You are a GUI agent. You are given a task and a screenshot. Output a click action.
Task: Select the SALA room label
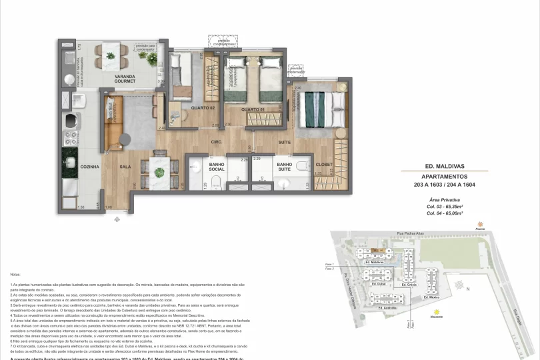coord(125,167)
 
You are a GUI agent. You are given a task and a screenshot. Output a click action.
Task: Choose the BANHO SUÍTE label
coord(285,167)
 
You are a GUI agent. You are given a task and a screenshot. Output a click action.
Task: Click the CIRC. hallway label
coord(217,142)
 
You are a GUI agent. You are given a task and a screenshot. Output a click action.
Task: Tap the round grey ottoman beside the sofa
coord(125,139)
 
